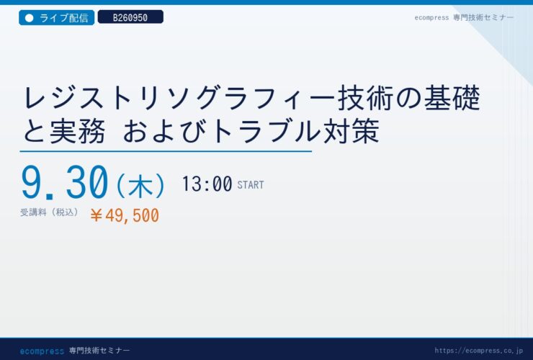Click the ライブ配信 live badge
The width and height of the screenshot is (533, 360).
(56, 18)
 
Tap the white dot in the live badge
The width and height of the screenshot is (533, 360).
(30, 18)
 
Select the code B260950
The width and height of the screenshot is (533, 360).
(130, 17)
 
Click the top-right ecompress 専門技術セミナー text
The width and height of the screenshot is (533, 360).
(464, 18)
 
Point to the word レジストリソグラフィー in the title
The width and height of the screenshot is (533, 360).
(179, 98)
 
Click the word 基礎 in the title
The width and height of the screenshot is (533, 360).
(452, 98)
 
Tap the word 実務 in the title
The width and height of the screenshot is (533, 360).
(77, 131)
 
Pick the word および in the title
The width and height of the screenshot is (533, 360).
(164, 131)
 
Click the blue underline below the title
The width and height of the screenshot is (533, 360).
(166, 151)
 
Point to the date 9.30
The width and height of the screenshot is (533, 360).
(65, 183)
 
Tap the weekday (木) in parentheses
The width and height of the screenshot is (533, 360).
(140, 185)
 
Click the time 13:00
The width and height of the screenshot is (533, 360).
(207, 184)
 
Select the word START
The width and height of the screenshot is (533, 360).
(251, 185)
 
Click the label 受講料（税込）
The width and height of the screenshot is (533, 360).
(50, 212)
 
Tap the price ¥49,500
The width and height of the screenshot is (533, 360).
(125, 215)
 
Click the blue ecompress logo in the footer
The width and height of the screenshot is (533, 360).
(42, 351)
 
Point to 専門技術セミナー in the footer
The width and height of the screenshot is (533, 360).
(99, 351)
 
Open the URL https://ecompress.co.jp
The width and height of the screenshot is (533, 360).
(478, 351)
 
